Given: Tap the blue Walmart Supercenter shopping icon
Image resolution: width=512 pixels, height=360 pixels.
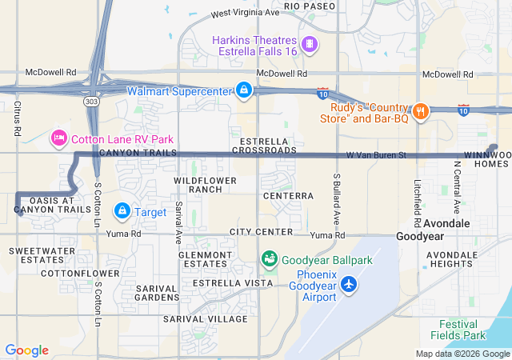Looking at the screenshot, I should tap(243, 90).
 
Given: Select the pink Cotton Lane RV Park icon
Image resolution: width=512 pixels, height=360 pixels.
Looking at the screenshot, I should tap(58, 138).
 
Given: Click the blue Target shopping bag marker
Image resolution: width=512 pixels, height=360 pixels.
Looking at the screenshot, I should tap(122, 210).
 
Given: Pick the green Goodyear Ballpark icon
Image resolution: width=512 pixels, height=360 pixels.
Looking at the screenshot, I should tap(270, 259).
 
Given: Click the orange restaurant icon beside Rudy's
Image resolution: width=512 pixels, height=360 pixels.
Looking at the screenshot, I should tap(419, 111).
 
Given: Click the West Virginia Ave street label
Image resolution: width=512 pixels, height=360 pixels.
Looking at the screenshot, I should tap(246, 14).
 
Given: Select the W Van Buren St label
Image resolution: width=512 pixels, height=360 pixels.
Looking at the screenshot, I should tap(377, 154).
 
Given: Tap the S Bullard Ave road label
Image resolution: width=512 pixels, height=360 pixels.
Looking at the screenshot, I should tap(338, 198).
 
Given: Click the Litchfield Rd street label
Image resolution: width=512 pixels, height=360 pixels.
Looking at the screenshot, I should tap(418, 197).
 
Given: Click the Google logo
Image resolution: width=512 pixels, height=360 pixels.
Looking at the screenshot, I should tap(26, 350).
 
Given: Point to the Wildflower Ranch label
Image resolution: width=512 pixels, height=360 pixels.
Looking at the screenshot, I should tap(206, 186).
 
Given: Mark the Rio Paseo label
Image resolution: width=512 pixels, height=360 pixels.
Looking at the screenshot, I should tap(308, 6).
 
